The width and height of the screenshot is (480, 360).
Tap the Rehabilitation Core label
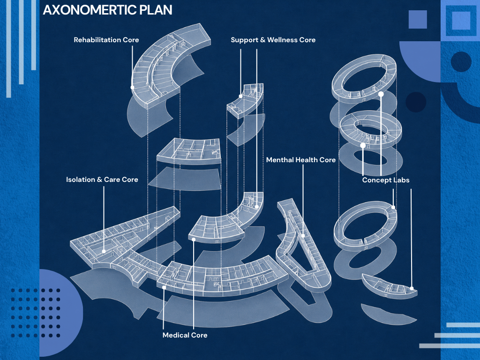click(x=106, y=40)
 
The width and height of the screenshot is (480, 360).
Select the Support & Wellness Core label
click(x=273, y=40)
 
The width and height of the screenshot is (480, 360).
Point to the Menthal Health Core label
click(x=300, y=160)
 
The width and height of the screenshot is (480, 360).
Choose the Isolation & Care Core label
click(x=102, y=180)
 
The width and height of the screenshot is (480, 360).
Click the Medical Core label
click(x=185, y=335)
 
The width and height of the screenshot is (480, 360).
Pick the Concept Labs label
click(x=386, y=180)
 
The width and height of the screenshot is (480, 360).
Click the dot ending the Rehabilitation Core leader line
click(x=132, y=87)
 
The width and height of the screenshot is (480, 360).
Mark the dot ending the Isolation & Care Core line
click(x=104, y=251)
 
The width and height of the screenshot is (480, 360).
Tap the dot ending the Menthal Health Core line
click(x=303, y=236)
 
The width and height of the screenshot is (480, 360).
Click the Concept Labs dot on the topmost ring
click(x=381, y=94)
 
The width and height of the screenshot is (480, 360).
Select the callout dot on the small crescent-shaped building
click(x=412, y=288)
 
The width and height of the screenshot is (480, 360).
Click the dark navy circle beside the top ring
click(x=416, y=102)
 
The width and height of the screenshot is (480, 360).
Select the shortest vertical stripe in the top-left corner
click(x=33, y=35)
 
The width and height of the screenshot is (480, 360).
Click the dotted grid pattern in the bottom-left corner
click(x=36, y=313)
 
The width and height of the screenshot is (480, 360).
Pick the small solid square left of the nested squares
click(x=418, y=19)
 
